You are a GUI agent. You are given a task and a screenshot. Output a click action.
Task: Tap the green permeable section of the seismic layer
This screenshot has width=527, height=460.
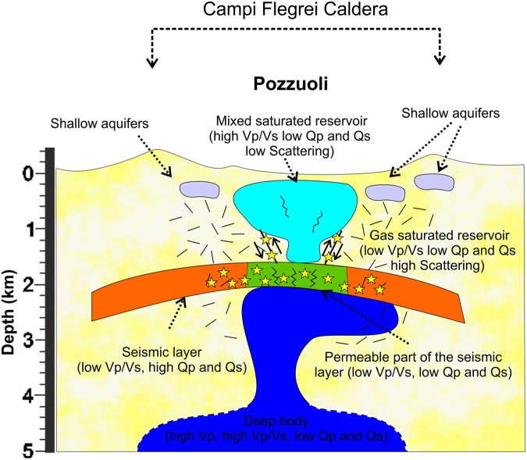[297, 276]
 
